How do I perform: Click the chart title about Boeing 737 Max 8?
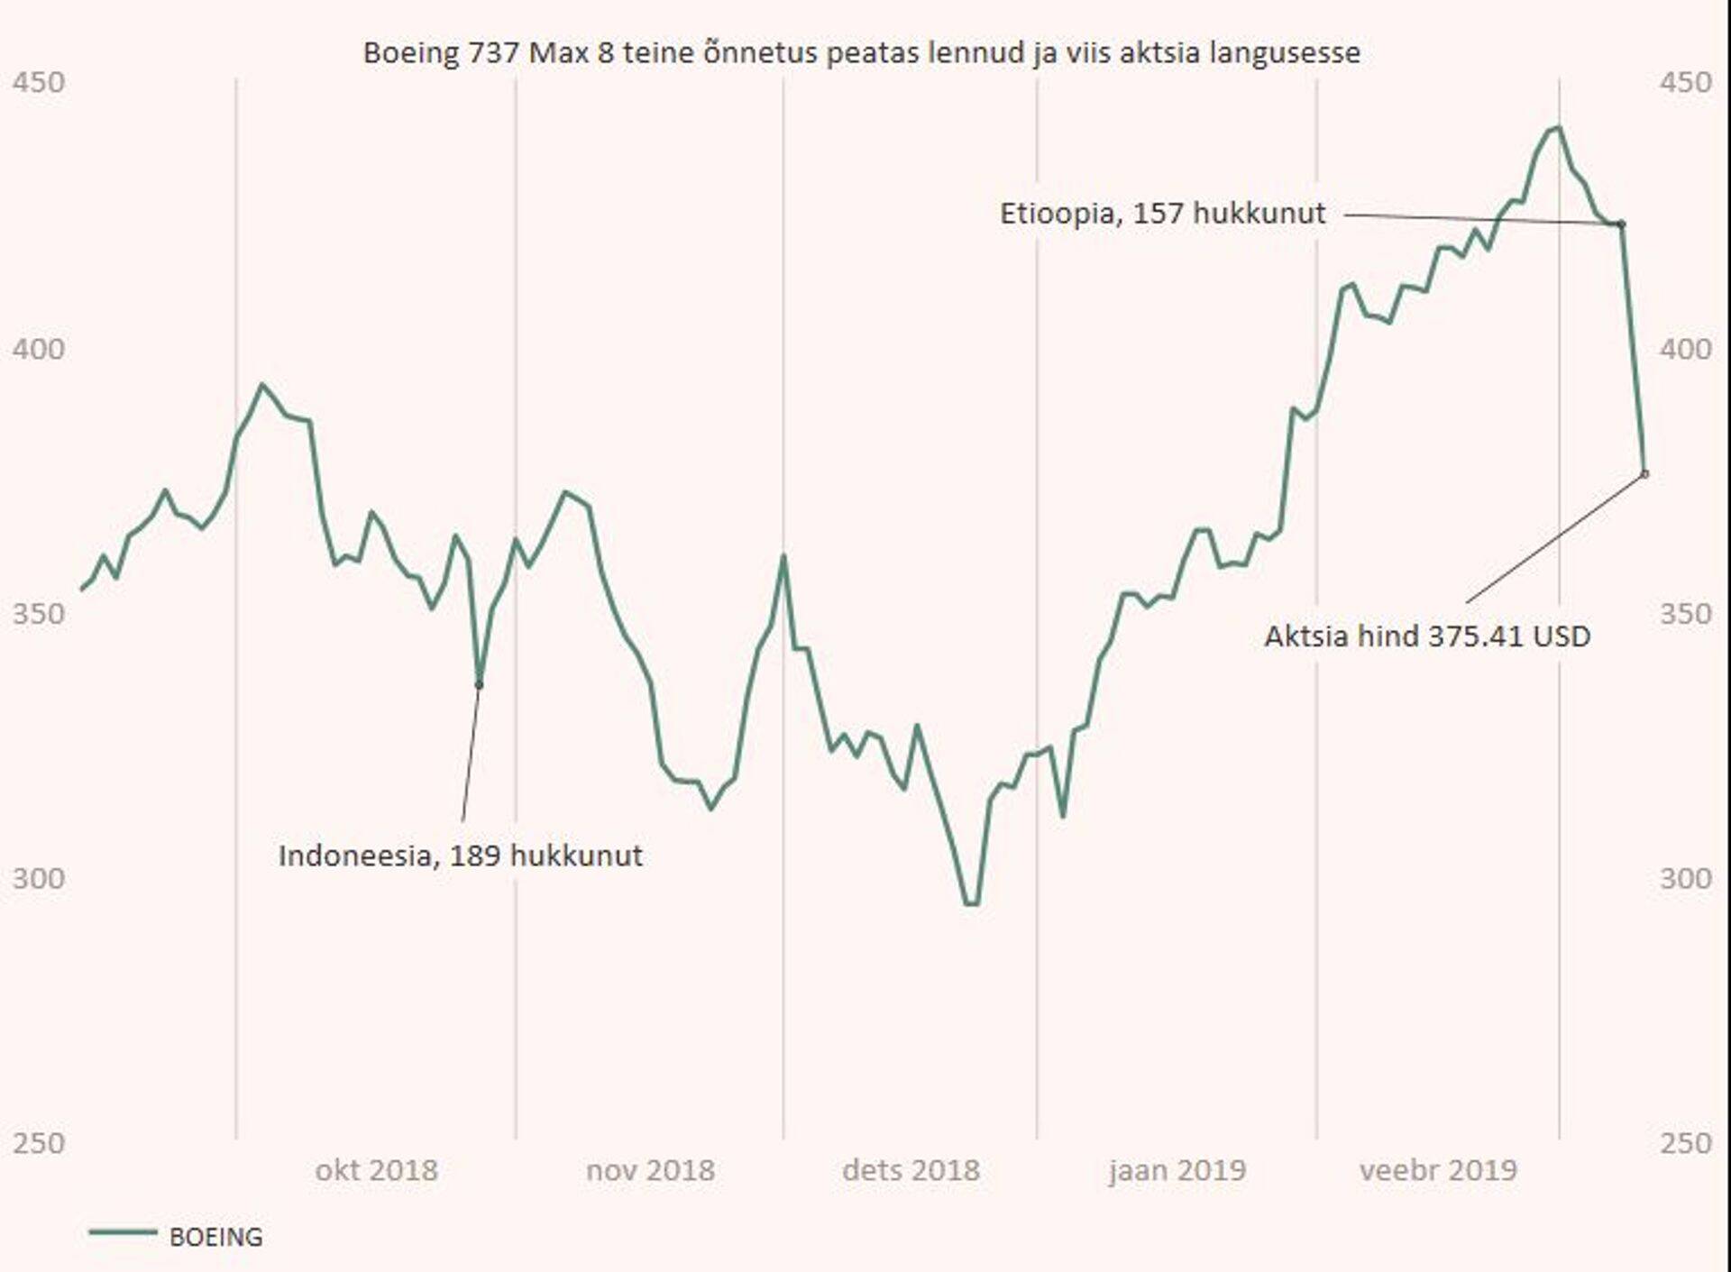click(x=861, y=52)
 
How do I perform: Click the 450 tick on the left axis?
click(x=38, y=82)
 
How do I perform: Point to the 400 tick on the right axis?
click(x=1684, y=348)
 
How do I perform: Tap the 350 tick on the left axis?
click(x=38, y=613)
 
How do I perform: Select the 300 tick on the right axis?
click(x=1684, y=878)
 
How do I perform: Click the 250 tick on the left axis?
click(x=38, y=1143)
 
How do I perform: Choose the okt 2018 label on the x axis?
click(x=376, y=1170)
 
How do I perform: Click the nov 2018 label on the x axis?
click(x=650, y=1170)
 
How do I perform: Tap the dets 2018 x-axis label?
click(x=911, y=1170)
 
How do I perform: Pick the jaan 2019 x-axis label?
click(x=1177, y=1170)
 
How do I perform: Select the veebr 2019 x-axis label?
click(x=1438, y=1170)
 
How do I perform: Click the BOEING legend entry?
click(x=215, y=1237)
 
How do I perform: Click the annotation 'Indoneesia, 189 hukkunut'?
click(x=460, y=855)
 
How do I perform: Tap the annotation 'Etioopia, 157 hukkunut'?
click(x=1162, y=214)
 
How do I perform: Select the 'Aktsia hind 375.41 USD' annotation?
click(x=1426, y=636)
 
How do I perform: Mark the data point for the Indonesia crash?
click(x=479, y=685)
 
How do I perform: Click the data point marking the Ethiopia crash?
click(x=1621, y=224)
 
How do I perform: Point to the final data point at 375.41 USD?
click(x=1644, y=473)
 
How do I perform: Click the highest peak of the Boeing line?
click(x=1558, y=128)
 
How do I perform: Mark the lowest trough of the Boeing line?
click(x=971, y=903)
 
